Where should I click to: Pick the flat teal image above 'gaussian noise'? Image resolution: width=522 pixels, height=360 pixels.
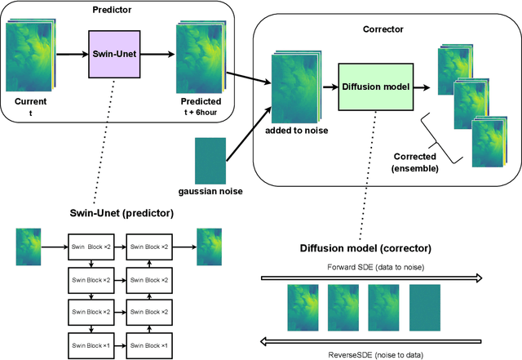tap(209, 160)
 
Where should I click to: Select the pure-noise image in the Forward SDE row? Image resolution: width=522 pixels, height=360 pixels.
tap(424, 307)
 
